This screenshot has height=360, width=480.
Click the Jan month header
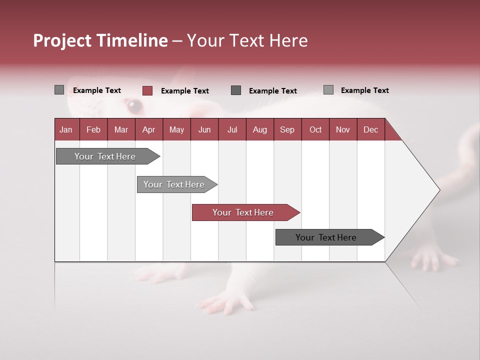[x=66, y=129]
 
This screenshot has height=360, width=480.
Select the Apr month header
[x=148, y=129]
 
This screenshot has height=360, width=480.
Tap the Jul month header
[x=232, y=129]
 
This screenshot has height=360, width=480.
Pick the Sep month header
[x=287, y=129]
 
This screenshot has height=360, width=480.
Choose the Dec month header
[x=370, y=129]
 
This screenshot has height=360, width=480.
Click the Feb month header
[x=93, y=129]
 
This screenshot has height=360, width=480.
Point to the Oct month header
[x=315, y=129]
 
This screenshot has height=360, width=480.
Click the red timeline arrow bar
[x=245, y=212]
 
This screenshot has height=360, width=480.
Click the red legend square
[x=147, y=90]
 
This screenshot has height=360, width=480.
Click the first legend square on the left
[x=59, y=90]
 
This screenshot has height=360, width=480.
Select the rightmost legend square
[x=328, y=90]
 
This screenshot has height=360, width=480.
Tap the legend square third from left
[x=236, y=90]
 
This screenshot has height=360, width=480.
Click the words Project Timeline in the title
[x=100, y=40]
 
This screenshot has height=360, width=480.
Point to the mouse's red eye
[x=134, y=105]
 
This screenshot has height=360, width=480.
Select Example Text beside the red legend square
[x=184, y=91]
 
